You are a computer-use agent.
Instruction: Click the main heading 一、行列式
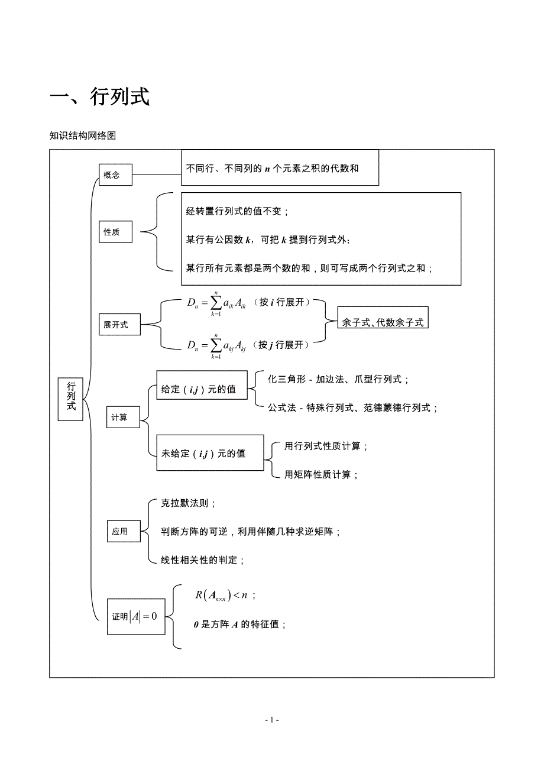click(99, 96)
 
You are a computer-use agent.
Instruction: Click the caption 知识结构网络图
click(83, 135)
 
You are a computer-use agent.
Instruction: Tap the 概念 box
click(115, 174)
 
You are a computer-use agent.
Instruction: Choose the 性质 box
click(115, 232)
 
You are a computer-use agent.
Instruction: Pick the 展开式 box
click(119, 325)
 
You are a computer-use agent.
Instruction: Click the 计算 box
click(123, 417)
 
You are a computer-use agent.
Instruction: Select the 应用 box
click(124, 531)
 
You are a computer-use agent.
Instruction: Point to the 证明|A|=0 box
click(136, 616)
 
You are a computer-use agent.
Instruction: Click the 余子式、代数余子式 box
click(383, 322)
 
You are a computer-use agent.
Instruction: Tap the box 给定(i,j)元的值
click(202, 389)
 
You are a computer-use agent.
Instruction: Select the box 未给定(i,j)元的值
click(210, 454)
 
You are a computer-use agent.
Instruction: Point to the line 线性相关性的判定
click(203, 559)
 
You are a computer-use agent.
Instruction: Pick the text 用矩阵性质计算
click(322, 474)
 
